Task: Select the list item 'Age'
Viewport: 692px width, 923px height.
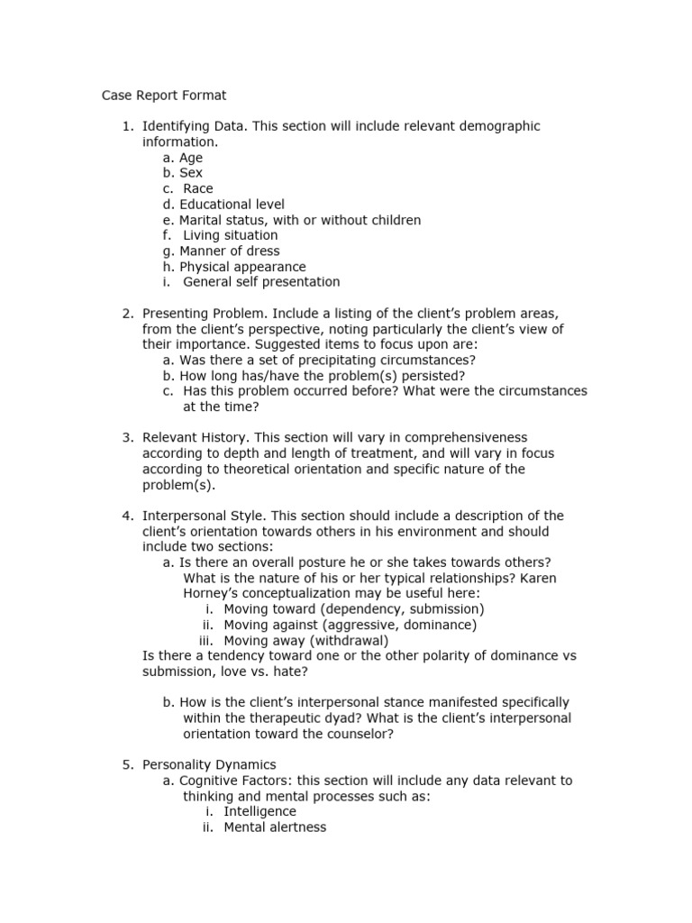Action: [190, 158]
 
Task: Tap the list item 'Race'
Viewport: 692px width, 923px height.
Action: [198, 188]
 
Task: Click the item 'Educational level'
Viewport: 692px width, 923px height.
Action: [232, 205]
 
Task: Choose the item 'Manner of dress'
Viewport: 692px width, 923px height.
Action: [229, 251]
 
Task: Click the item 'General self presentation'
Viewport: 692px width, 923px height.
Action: [261, 282]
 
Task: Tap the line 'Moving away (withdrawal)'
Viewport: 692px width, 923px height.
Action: [306, 640]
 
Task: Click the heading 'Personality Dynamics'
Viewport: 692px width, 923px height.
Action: [209, 764]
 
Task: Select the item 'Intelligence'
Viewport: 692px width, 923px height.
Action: [259, 811]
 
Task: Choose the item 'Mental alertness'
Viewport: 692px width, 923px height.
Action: [275, 827]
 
